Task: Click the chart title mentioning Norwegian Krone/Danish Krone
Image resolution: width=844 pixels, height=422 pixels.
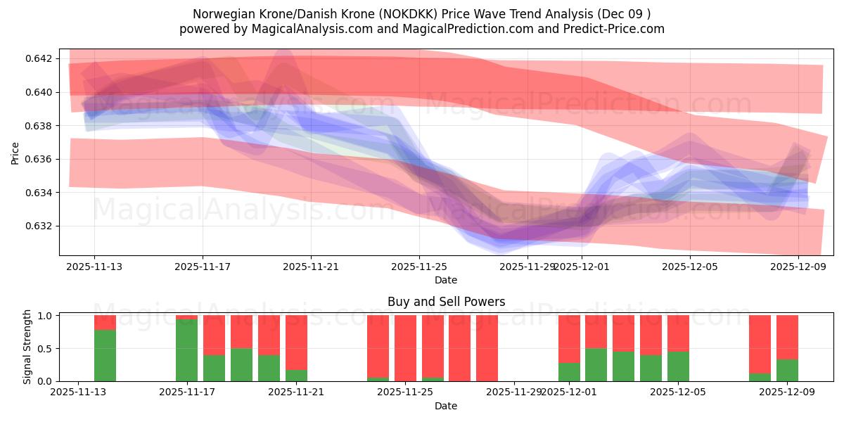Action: [x=421, y=13]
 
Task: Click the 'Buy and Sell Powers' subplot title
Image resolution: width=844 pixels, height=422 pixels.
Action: [x=446, y=302]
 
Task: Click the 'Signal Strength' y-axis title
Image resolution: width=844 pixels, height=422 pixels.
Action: [x=28, y=347]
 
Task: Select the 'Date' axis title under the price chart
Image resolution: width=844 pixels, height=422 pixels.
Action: [x=446, y=280]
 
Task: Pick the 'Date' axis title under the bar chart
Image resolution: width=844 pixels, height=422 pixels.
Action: [x=446, y=406]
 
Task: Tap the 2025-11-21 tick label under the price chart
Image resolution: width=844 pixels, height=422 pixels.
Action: [x=311, y=267]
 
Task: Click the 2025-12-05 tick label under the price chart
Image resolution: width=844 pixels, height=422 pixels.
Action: [x=690, y=267]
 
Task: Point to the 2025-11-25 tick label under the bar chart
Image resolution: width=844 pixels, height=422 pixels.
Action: [x=405, y=392]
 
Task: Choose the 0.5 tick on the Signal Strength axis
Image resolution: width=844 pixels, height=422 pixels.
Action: [x=44, y=349]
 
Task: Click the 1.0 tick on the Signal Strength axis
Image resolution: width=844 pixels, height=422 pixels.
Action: [x=44, y=316]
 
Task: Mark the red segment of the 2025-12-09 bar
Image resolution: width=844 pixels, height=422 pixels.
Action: [x=787, y=337]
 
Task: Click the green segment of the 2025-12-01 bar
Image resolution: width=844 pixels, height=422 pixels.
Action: [x=569, y=372]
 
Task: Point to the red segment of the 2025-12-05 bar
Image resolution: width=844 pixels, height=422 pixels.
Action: [x=678, y=333]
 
